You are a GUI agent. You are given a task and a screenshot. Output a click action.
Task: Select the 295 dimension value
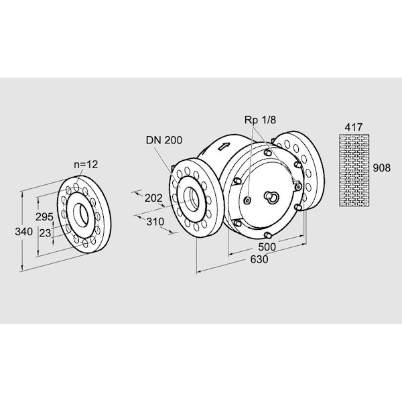click(x=44, y=216)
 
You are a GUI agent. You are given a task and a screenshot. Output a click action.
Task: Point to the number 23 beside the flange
click(x=45, y=232)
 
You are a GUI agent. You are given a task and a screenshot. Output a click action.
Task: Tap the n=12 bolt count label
click(x=85, y=163)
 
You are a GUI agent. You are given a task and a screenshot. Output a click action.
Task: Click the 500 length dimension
click(x=267, y=247)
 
